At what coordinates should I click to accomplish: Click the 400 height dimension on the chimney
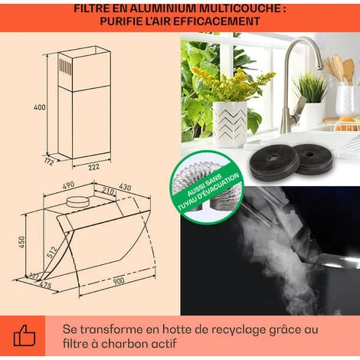tap(40, 107)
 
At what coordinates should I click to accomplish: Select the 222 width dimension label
tap(93, 167)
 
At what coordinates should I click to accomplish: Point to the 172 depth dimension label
tap(49, 162)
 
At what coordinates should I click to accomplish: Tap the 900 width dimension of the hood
tap(119, 281)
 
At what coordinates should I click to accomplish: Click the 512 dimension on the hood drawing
tap(52, 252)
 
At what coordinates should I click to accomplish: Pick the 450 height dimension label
tap(21, 242)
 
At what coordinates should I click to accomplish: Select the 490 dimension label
tap(68, 185)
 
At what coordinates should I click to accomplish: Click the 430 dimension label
tap(125, 187)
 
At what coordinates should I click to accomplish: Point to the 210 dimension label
tap(108, 191)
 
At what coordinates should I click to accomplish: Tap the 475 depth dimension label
tap(45, 285)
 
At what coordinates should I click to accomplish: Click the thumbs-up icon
tap(25, 335)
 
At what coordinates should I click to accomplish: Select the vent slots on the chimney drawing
tap(66, 67)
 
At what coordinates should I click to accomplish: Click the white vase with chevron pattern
tap(230, 124)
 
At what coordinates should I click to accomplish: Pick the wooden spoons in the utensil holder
tap(339, 68)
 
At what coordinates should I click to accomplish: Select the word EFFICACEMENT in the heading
tap(217, 21)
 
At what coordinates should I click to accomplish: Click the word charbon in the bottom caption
tap(124, 344)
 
